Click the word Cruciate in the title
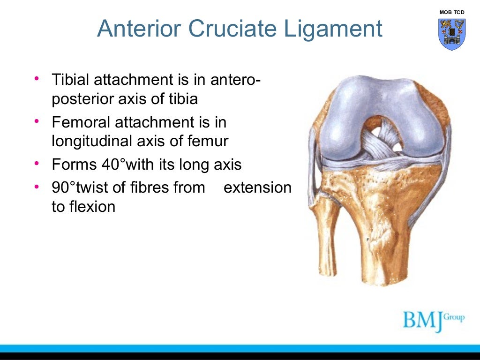pyautogui.click(x=240, y=29)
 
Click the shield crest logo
pyautogui.click(x=452, y=34)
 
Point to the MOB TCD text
pyautogui.click(x=452, y=12)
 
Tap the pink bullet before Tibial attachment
pyautogui.click(x=37, y=78)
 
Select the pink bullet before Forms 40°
pyautogui.click(x=37, y=164)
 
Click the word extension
pyautogui.click(x=257, y=188)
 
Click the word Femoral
pyautogui.click(x=78, y=123)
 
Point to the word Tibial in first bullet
pyautogui.click(x=71, y=80)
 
